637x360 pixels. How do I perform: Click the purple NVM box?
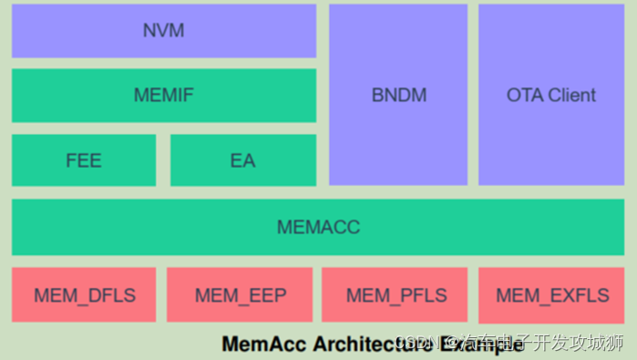point(164,31)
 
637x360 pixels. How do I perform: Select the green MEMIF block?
point(164,95)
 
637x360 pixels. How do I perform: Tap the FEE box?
point(84,160)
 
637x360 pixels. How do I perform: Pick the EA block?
point(242,160)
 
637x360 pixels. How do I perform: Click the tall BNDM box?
point(398,95)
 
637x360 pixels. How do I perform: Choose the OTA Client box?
point(551,95)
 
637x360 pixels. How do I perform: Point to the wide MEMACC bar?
point(318,227)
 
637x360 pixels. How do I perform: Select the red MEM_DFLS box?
point(84,294)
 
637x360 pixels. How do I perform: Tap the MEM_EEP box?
point(240,294)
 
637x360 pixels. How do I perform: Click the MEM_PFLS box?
point(396,294)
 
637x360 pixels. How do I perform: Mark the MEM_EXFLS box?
point(551,294)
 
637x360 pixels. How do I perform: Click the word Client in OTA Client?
point(573,95)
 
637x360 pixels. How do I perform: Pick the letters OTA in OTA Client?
point(523,95)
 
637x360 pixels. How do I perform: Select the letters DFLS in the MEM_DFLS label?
point(111,294)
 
